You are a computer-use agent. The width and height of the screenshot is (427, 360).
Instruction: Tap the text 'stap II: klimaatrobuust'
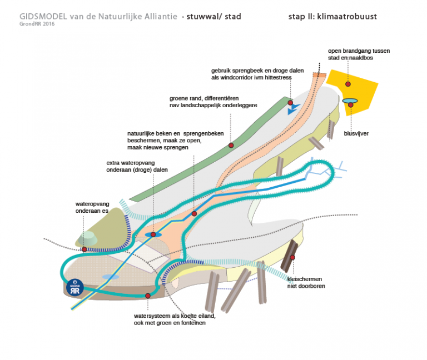point(332,16)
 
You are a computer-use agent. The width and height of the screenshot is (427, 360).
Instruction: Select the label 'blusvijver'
point(356,133)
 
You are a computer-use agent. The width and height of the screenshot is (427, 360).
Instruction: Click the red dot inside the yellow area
point(348,84)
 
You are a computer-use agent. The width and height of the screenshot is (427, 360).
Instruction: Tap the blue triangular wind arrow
point(293,110)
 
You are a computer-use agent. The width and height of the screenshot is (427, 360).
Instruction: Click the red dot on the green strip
point(231,145)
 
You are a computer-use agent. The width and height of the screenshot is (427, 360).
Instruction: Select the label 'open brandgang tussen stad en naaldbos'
point(359,54)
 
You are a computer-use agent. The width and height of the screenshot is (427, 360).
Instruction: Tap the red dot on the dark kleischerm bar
point(292,257)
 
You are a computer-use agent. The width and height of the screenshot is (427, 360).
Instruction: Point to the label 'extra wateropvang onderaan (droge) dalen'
point(137,167)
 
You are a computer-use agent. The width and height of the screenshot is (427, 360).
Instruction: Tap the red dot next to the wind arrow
point(290,103)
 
